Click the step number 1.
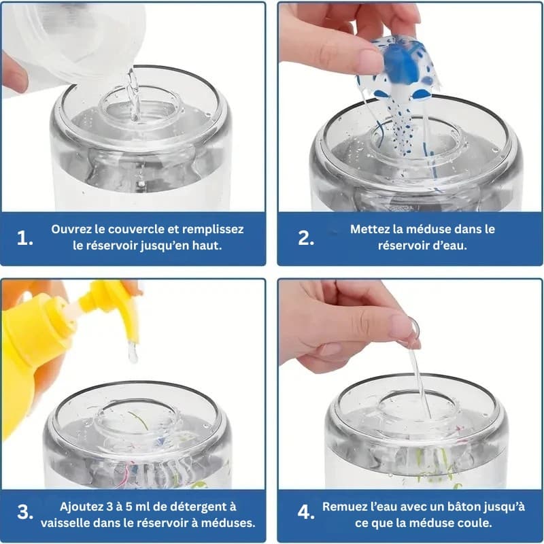click(x=25, y=238)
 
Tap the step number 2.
click(x=306, y=238)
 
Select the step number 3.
click(x=25, y=512)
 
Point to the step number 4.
click(x=306, y=512)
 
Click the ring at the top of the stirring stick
click(x=413, y=331)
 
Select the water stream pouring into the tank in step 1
click(x=134, y=95)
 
